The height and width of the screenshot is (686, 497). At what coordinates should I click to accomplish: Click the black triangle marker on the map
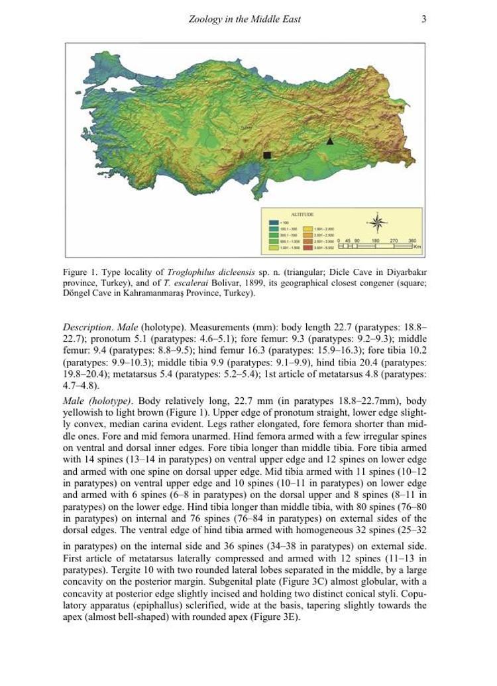pyautogui.click(x=330, y=140)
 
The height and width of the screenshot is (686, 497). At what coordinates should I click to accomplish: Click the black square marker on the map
pyautogui.click(x=267, y=155)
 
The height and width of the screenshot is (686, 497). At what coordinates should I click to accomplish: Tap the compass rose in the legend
pyautogui.click(x=377, y=222)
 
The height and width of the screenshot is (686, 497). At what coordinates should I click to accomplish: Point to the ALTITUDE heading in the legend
pyautogui.click(x=303, y=215)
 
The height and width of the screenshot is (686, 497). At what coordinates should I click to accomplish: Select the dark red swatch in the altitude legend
pyautogui.click(x=308, y=247)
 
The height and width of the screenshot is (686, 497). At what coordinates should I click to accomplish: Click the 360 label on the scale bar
pyautogui.click(x=412, y=240)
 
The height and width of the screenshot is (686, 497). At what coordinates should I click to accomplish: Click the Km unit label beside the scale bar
pyautogui.click(x=417, y=247)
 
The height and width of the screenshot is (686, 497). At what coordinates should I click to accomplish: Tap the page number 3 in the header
pyautogui.click(x=424, y=19)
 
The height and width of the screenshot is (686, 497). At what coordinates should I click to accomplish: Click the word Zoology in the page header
pyautogui.click(x=205, y=19)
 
